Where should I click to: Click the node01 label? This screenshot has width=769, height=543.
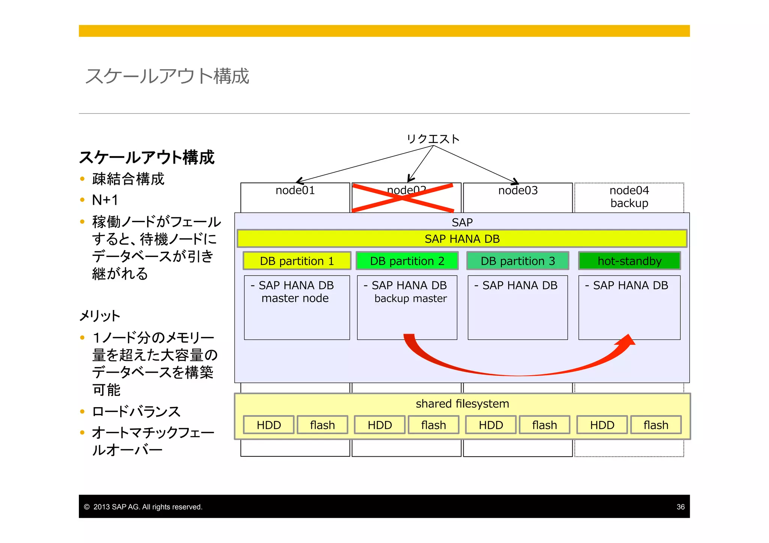pos(295,191)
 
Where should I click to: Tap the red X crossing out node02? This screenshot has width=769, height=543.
pos(403,198)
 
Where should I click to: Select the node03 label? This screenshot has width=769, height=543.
pos(518,191)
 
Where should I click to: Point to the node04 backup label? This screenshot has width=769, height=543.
pos(629,197)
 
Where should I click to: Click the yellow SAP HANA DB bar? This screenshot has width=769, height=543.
pos(462,239)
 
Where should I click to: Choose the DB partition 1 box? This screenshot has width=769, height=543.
pos(297,261)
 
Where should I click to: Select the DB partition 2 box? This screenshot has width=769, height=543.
pos(407,261)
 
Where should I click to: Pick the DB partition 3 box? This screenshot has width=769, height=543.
pos(517,261)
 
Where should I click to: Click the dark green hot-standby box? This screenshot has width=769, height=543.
pos(629,261)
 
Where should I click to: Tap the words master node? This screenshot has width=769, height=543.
pos(295,298)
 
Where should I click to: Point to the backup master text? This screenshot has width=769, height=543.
pos(410,299)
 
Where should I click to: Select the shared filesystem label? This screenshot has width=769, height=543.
pos(462,404)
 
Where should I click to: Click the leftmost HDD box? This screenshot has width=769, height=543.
pos(268,425)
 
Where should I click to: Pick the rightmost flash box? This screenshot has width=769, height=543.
pos(656,425)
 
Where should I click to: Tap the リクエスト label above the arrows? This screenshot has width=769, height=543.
pos(433,139)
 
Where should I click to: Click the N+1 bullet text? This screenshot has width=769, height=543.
pos(105,200)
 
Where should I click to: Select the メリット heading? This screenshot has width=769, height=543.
pos(100,316)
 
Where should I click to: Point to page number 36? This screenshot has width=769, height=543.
pos(680,507)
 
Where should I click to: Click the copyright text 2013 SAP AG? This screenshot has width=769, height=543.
pos(148,507)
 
